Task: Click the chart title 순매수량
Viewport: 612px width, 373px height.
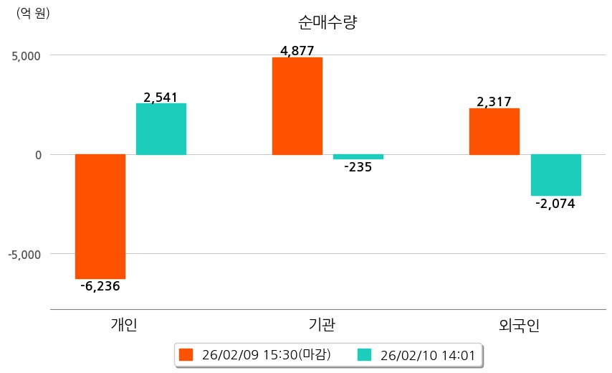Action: pos(327,22)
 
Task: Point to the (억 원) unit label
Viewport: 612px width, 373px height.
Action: pos(33,13)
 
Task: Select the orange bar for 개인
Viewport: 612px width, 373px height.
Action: pos(100,216)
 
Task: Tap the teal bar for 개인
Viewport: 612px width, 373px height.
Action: pos(161,129)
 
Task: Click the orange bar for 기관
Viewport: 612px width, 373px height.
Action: pos(297,106)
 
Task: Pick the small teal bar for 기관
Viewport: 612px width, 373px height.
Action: pos(358,156)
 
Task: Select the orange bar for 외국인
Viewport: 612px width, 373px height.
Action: pos(494,131)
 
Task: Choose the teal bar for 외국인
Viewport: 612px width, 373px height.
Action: pos(555,174)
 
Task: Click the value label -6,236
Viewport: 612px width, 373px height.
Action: pos(100,286)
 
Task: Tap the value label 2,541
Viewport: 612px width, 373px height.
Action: pos(161,97)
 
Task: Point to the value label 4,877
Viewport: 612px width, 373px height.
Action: pos(297,50)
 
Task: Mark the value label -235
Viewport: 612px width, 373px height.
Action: pos(358,167)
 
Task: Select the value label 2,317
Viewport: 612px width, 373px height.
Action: pos(494,102)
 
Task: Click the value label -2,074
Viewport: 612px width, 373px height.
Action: pos(555,204)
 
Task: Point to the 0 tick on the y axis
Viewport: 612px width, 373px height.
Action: pos(37,155)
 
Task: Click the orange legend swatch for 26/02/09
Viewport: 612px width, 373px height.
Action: pos(186,354)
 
